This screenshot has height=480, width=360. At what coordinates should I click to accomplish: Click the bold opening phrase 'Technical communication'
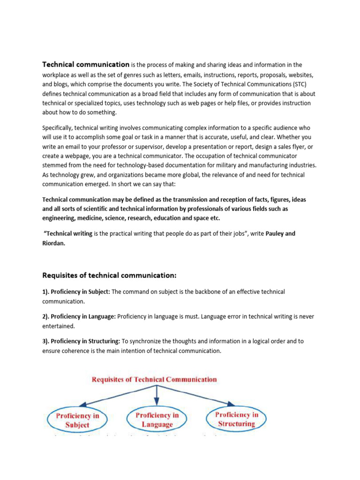(x=86, y=64)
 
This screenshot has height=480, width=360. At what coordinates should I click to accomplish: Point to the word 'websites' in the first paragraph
(x=296, y=75)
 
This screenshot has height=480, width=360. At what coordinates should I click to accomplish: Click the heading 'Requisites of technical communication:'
(x=109, y=275)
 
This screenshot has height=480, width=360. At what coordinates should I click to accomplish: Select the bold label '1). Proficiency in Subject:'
(x=76, y=292)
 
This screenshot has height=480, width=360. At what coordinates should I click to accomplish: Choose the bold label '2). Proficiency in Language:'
(x=79, y=316)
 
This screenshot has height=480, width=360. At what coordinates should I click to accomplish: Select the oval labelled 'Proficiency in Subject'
(x=77, y=420)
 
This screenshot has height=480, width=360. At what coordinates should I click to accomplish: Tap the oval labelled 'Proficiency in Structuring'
(x=236, y=419)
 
